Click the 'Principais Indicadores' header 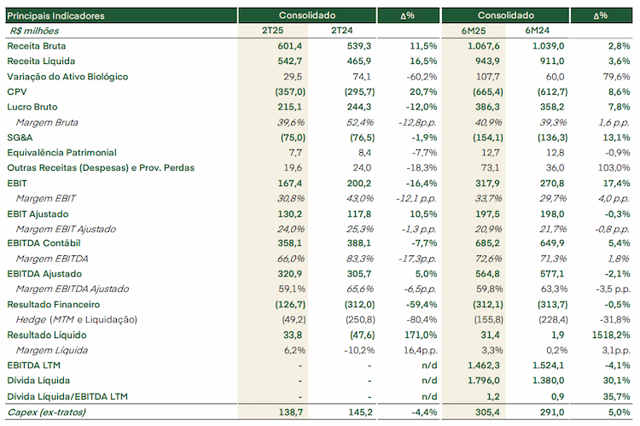pos(56,16)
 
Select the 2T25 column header pos(273,31)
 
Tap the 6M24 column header pos(537,31)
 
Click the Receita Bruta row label pos(37,46)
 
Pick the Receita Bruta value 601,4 pos(290,46)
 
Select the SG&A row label pos(20,137)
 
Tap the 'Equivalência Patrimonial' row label pos(61,153)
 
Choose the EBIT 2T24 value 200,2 pos(359,184)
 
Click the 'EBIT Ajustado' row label pos(38,214)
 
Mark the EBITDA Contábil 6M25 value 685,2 pos(487,243)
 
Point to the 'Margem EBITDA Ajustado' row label pos(73,289)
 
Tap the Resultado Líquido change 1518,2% pos(611,336)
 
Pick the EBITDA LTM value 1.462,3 pos(484,365)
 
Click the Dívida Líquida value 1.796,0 pos(484,381)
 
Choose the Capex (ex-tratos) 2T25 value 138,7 pos(291,412)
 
